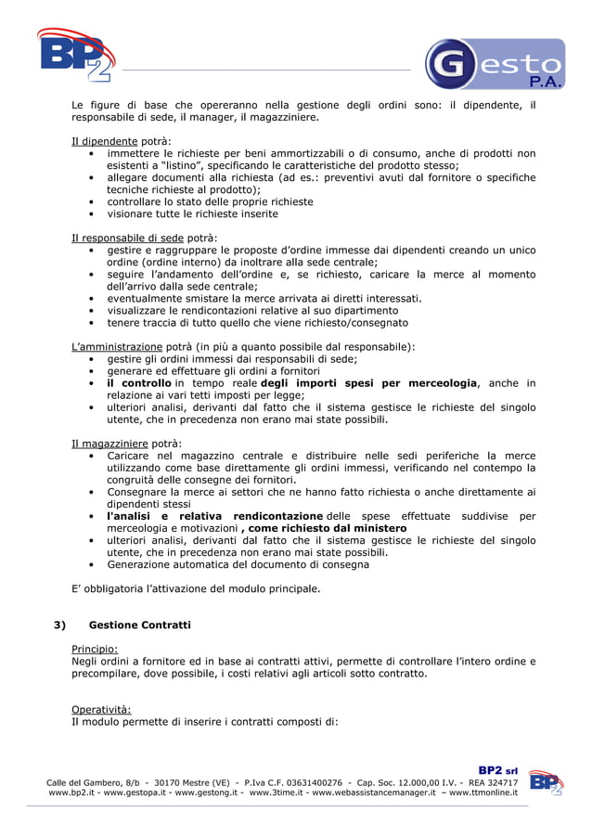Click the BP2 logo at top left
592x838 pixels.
75,56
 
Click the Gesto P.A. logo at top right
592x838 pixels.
494,64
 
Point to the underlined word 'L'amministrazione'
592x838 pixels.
117,346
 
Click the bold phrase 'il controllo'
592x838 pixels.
139,383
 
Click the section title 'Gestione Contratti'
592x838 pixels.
139,625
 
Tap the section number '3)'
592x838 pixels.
59,625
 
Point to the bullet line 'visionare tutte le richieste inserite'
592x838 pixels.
192,213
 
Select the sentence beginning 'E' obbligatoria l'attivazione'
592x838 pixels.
196,588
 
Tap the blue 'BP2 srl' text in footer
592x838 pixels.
497,770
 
